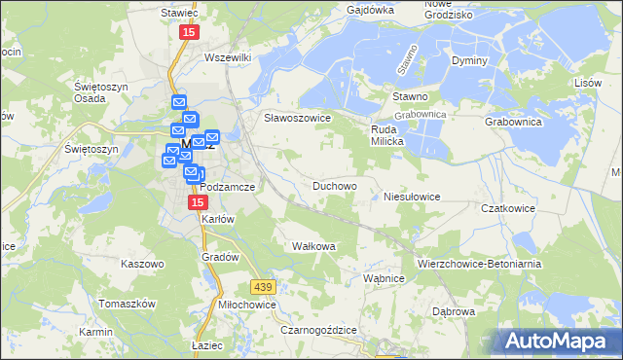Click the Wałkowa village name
[313, 246]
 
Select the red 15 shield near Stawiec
[189, 32]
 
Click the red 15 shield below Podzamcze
[198, 201]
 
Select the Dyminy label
[469, 60]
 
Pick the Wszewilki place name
[228, 57]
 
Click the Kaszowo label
[138, 264]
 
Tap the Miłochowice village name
[247, 305]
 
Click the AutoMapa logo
[554, 342]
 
